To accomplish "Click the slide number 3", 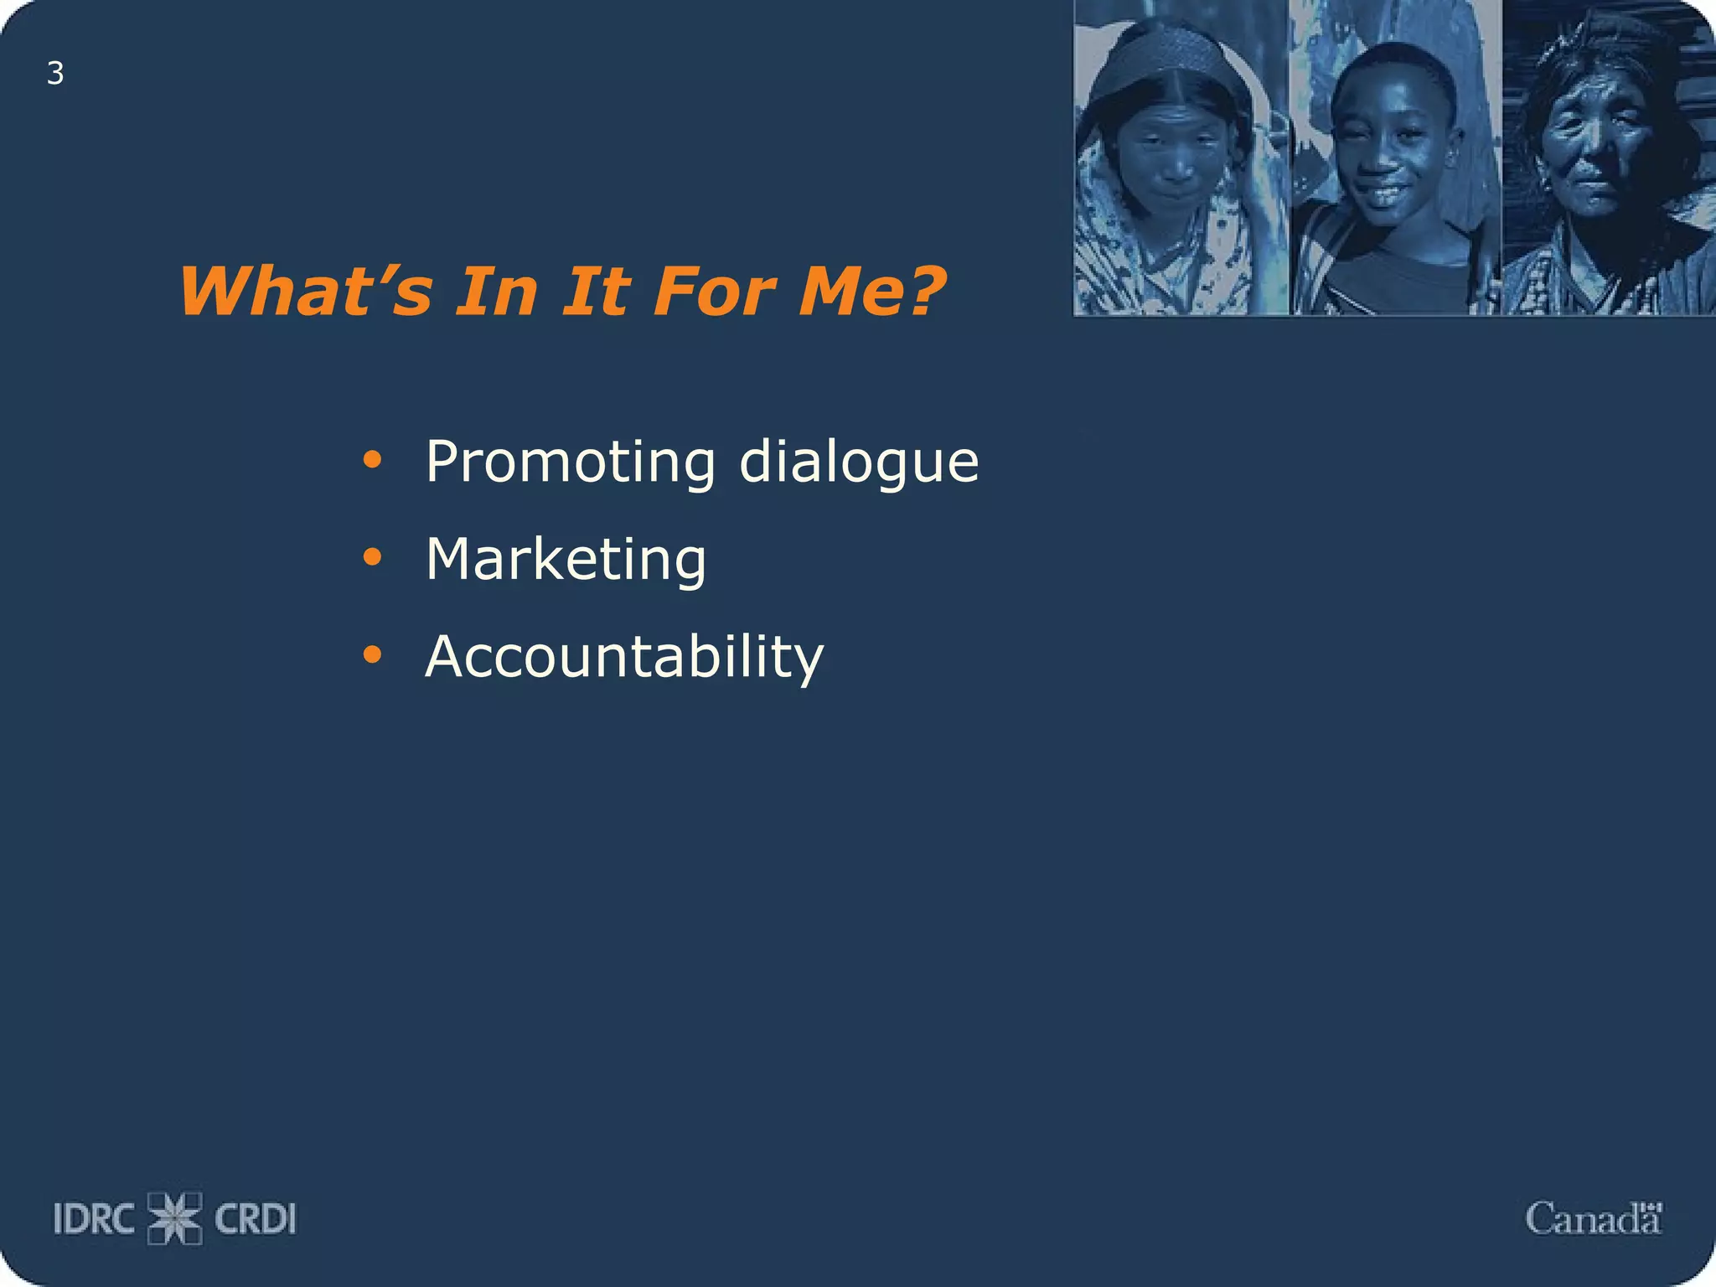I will [x=55, y=74].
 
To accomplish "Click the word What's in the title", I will [x=306, y=291].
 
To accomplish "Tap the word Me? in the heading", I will [x=871, y=291].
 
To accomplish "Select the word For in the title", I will [x=715, y=291].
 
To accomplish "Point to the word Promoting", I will [x=571, y=462].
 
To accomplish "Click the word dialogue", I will [x=859, y=462].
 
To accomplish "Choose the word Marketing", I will [x=566, y=560].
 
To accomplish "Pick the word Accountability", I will [x=625, y=656].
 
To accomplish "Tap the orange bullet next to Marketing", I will [x=372, y=556].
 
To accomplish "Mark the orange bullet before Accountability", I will [x=372, y=654].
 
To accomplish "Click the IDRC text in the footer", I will [x=94, y=1219].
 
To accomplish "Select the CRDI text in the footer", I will [x=256, y=1219].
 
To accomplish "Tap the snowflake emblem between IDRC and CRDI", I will [x=175, y=1218].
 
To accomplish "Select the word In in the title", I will [x=496, y=291].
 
